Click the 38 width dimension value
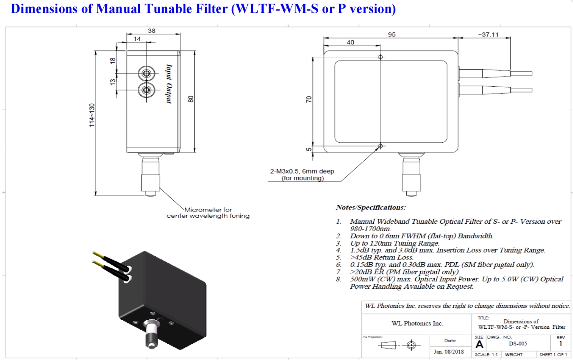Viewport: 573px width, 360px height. (152, 31)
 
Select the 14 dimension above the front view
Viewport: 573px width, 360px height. (137, 39)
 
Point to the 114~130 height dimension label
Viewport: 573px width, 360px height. (92, 115)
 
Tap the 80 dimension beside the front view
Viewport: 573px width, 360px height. (191, 99)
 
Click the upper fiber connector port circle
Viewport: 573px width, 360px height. (146, 74)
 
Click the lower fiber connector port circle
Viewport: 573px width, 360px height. (146, 90)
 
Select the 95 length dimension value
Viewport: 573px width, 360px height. (391, 35)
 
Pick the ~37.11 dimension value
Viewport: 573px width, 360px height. (488, 35)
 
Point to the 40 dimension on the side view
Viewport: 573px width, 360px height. (351, 42)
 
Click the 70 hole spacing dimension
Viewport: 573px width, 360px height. (309, 99)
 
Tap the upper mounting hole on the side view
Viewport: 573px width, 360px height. (380, 57)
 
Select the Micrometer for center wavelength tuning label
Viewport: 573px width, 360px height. (208, 213)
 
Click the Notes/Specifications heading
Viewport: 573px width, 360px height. (370, 208)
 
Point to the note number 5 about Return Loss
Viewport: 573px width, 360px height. (338, 257)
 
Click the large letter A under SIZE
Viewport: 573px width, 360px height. (479, 345)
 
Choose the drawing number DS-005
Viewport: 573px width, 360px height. (518, 344)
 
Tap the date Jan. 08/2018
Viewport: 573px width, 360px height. (449, 351)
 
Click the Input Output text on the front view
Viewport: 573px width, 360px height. (169, 84)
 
